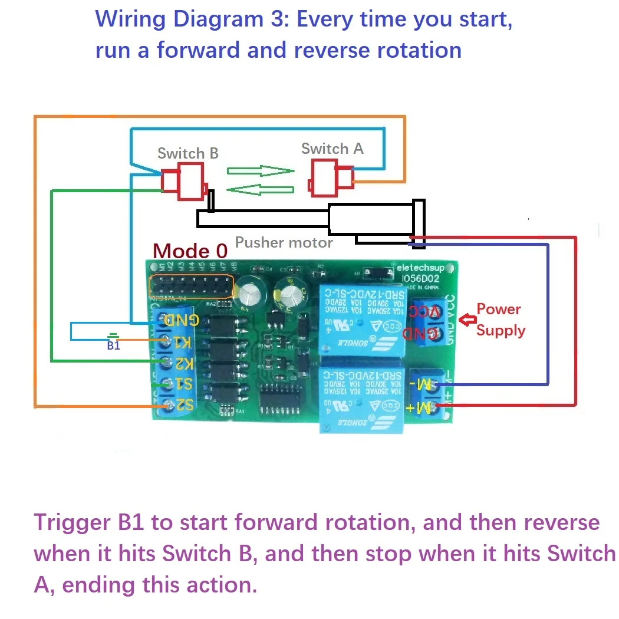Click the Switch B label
point(187,153)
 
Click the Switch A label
point(332,149)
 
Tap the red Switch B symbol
point(184,181)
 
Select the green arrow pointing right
point(260,171)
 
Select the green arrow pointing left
point(260,189)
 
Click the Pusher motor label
point(284,242)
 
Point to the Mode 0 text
point(190,251)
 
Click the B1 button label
point(113,346)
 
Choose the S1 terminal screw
point(167,384)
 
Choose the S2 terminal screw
point(167,405)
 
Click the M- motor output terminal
point(437,386)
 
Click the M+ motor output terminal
point(437,406)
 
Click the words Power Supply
point(500,320)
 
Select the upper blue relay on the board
point(361,320)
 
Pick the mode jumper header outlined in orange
point(192,287)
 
